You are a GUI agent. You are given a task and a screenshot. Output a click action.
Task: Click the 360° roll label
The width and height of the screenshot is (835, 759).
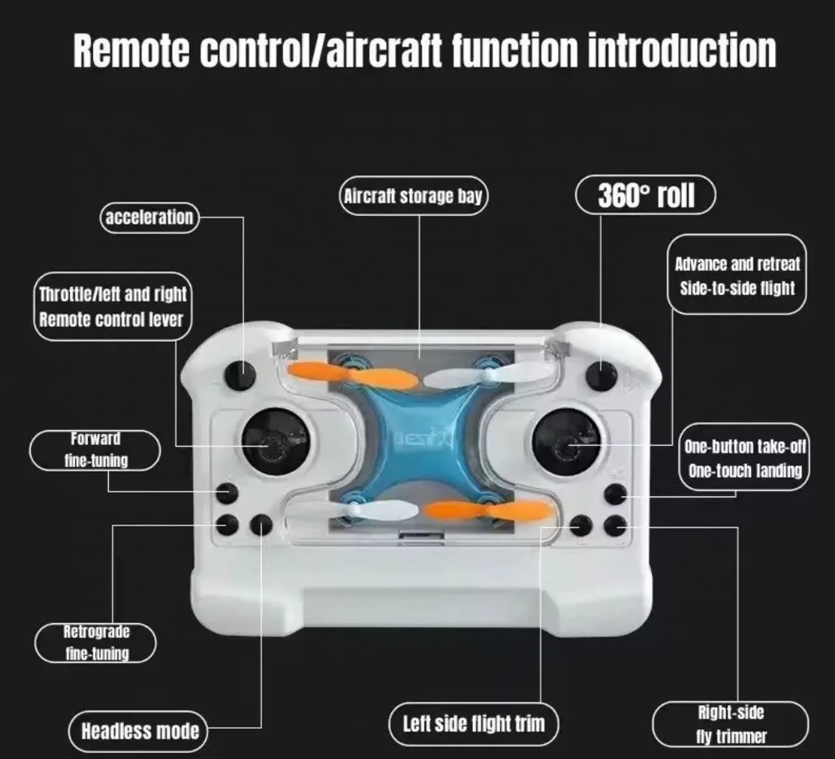tap(645, 195)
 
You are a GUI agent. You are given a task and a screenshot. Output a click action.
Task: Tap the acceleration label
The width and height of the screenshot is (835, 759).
tap(149, 217)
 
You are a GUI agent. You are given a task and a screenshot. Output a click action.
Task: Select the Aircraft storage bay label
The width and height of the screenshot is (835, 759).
tap(414, 196)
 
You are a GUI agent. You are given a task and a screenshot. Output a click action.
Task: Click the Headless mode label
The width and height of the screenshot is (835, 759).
tap(139, 731)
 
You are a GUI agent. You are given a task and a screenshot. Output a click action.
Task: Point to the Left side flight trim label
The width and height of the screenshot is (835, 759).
tap(474, 724)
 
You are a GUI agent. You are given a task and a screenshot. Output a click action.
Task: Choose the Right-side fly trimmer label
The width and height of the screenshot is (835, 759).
tap(731, 724)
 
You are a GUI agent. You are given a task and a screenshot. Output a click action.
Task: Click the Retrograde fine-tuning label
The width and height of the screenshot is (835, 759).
tap(96, 643)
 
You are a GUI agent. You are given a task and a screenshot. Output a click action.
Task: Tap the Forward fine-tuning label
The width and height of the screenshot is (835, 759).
tap(95, 450)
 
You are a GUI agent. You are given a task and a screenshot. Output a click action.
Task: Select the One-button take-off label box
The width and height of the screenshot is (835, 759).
tap(744, 458)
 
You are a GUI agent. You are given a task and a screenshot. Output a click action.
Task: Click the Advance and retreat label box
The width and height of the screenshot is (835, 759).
tap(737, 275)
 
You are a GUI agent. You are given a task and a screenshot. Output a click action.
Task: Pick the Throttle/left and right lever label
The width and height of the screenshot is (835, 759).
tap(112, 306)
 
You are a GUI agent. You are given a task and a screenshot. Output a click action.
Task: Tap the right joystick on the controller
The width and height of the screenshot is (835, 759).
tap(566, 444)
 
